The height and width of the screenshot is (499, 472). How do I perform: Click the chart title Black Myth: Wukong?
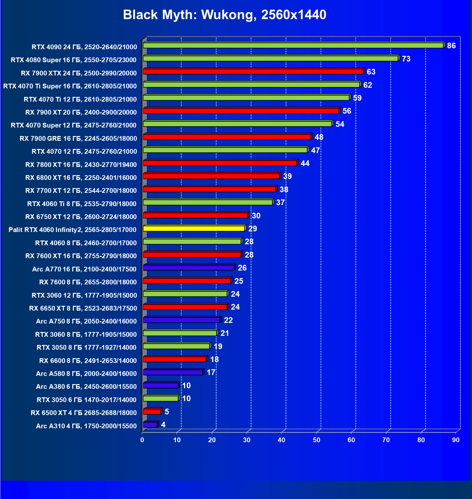click(224, 15)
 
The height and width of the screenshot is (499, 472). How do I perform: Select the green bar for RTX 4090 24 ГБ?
click(293, 45)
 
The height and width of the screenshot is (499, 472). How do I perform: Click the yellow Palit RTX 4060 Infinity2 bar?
click(194, 229)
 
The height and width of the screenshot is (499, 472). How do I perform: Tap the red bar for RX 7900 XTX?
click(253, 72)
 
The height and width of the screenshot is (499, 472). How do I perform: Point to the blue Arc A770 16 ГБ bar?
click(189, 268)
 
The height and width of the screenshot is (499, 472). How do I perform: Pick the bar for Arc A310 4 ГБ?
click(150, 425)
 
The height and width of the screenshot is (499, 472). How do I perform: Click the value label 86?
click(451, 46)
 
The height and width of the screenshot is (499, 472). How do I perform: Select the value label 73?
click(406, 59)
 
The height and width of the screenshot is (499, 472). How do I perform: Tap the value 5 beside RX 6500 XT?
click(167, 412)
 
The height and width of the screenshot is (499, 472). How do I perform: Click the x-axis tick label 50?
click(317, 440)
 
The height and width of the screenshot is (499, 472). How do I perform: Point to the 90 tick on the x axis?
click(456, 440)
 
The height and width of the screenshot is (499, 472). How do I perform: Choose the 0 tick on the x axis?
click(142, 440)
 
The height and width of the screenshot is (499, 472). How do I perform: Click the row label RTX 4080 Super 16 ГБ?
click(74, 60)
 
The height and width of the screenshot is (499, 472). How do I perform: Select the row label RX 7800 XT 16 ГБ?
click(81, 165)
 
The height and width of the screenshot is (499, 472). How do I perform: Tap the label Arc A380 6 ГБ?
click(86, 387)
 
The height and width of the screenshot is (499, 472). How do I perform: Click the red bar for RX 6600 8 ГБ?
click(175, 359)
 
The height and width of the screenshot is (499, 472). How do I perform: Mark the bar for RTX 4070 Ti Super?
click(251, 85)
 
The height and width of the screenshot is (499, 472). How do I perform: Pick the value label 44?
click(305, 163)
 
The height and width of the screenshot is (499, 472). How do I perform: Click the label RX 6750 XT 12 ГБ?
click(81, 217)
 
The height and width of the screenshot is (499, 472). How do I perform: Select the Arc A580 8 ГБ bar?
click(173, 372)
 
